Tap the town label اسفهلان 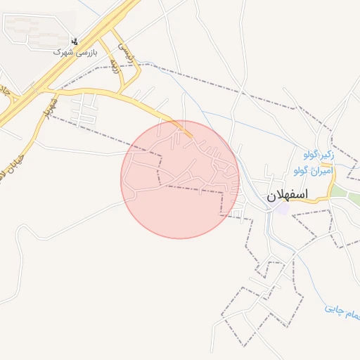coord(287,195)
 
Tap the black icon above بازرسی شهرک coord(75,41)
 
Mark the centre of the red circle coord(180,179)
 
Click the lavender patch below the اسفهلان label coord(282,209)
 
